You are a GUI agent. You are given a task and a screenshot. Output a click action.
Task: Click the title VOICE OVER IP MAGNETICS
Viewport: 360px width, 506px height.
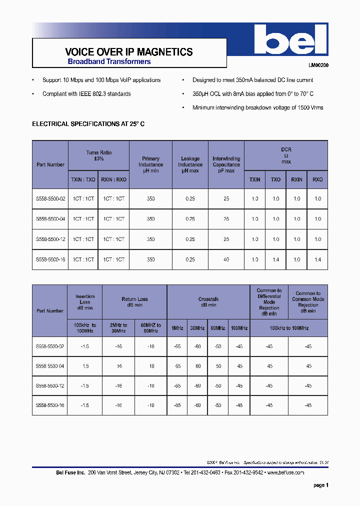pyautogui.click(x=129, y=52)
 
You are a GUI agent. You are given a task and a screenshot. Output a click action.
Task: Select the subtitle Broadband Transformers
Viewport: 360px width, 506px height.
pyautogui.click(x=109, y=62)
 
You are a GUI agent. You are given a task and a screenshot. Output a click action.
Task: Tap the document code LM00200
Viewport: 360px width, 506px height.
pyautogui.click(x=318, y=65)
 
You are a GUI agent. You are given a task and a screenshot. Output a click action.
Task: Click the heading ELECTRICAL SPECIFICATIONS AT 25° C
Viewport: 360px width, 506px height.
pyautogui.click(x=88, y=123)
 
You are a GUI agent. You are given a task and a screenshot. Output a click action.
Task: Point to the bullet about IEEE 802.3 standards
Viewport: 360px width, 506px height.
pyautogui.click(x=86, y=94)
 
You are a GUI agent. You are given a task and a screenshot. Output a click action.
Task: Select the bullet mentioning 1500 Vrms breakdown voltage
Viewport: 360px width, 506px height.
pyautogui.click(x=257, y=107)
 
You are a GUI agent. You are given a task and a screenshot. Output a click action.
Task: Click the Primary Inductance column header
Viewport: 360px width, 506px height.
pyautogui.click(x=150, y=164)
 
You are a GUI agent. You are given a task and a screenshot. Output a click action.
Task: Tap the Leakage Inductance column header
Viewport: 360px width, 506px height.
pyautogui.click(x=190, y=164)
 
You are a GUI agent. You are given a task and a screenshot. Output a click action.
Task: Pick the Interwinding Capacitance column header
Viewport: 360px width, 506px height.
pyautogui.click(x=226, y=164)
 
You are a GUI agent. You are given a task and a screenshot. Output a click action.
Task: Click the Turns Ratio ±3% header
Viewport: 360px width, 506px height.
pyautogui.click(x=98, y=155)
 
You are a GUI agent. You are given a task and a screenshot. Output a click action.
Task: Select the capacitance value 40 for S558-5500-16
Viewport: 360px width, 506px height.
pyautogui.click(x=226, y=259)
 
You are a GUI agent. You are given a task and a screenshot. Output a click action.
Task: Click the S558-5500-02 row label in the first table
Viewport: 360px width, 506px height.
pyautogui.click(x=50, y=198)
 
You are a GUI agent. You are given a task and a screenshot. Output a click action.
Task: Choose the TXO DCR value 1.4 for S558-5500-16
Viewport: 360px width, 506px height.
pyautogui.click(x=276, y=259)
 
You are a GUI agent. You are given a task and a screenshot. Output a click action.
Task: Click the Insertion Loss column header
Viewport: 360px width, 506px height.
pyautogui.click(x=84, y=302)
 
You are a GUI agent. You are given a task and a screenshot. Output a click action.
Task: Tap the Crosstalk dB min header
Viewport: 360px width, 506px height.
pyautogui.click(x=208, y=302)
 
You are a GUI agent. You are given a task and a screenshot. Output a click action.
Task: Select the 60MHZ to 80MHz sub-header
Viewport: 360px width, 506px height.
pyautogui.click(x=150, y=328)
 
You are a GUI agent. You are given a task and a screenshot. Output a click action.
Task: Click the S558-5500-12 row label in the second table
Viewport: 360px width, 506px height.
pyautogui.click(x=50, y=385)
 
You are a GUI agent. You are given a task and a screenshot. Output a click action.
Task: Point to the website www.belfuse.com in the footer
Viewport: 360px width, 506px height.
pyautogui.click(x=285, y=472)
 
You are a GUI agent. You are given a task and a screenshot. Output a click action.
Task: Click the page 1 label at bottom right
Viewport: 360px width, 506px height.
pyautogui.click(x=320, y=485)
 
